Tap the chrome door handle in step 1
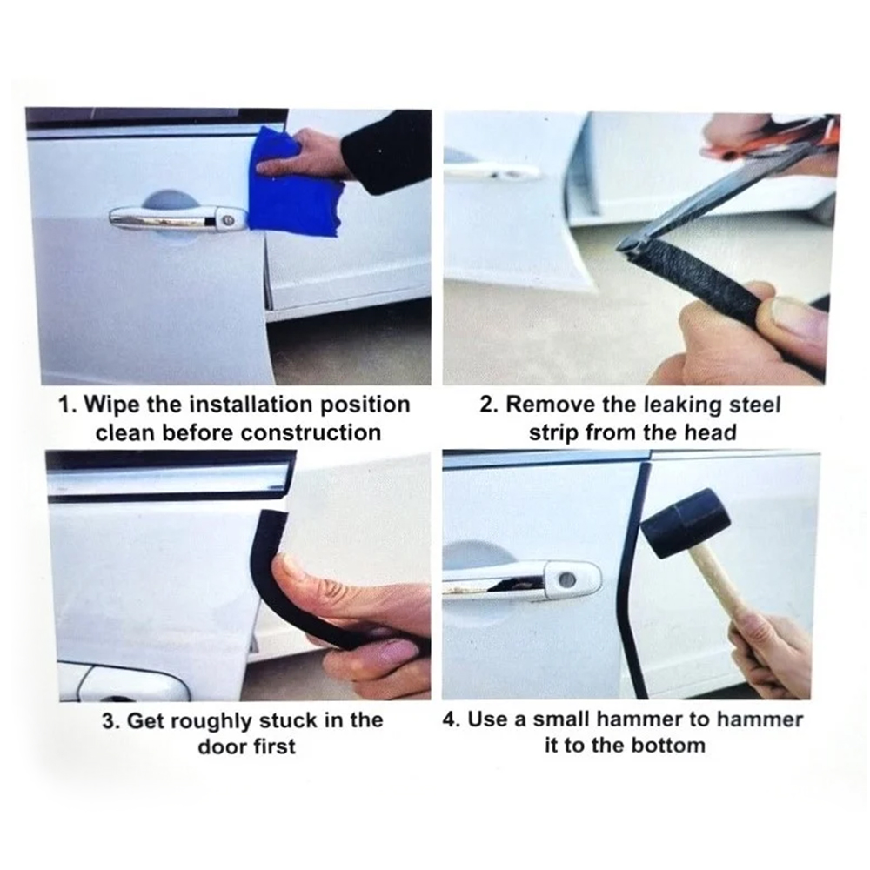point(177,218)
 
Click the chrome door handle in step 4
point(521,580)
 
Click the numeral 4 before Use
point(449,719)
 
